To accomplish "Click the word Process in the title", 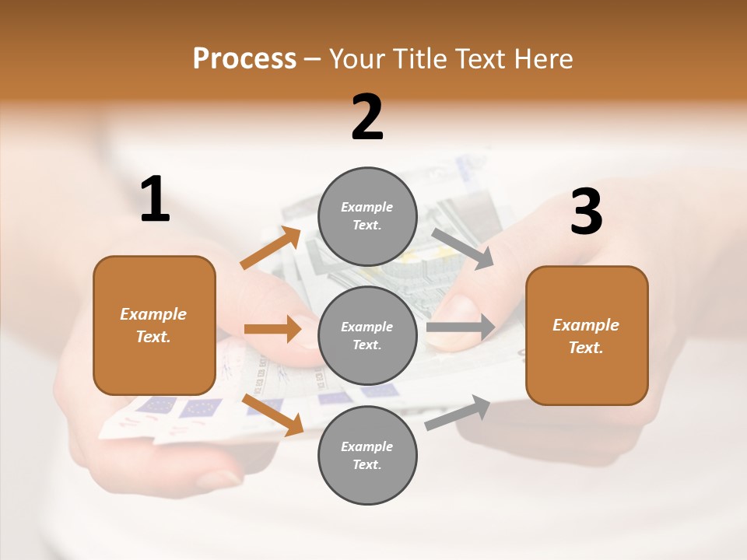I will click(x=244, y=58).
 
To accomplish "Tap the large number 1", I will click(x=155, y=200).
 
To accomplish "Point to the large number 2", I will click(x=367, y=117).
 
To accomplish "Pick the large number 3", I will click(x=586, y=212).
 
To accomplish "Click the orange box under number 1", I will click(x=154, y=325).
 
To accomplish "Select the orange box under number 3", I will click(x=587, y=335).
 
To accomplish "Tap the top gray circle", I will click(x=367, y=216).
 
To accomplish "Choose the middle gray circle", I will click(x=367, y=335).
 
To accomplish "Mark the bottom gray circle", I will click(x=367, y=455).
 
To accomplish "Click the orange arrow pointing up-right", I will click(x=271, y=247).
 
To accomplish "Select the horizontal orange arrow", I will click(x=272, y=329).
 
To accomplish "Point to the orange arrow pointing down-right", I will click(x=272, y=415).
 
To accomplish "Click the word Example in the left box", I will click(x=153, y=314).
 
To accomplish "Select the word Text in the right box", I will click(x=585, y=348).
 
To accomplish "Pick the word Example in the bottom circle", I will click(x=366, y=446).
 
